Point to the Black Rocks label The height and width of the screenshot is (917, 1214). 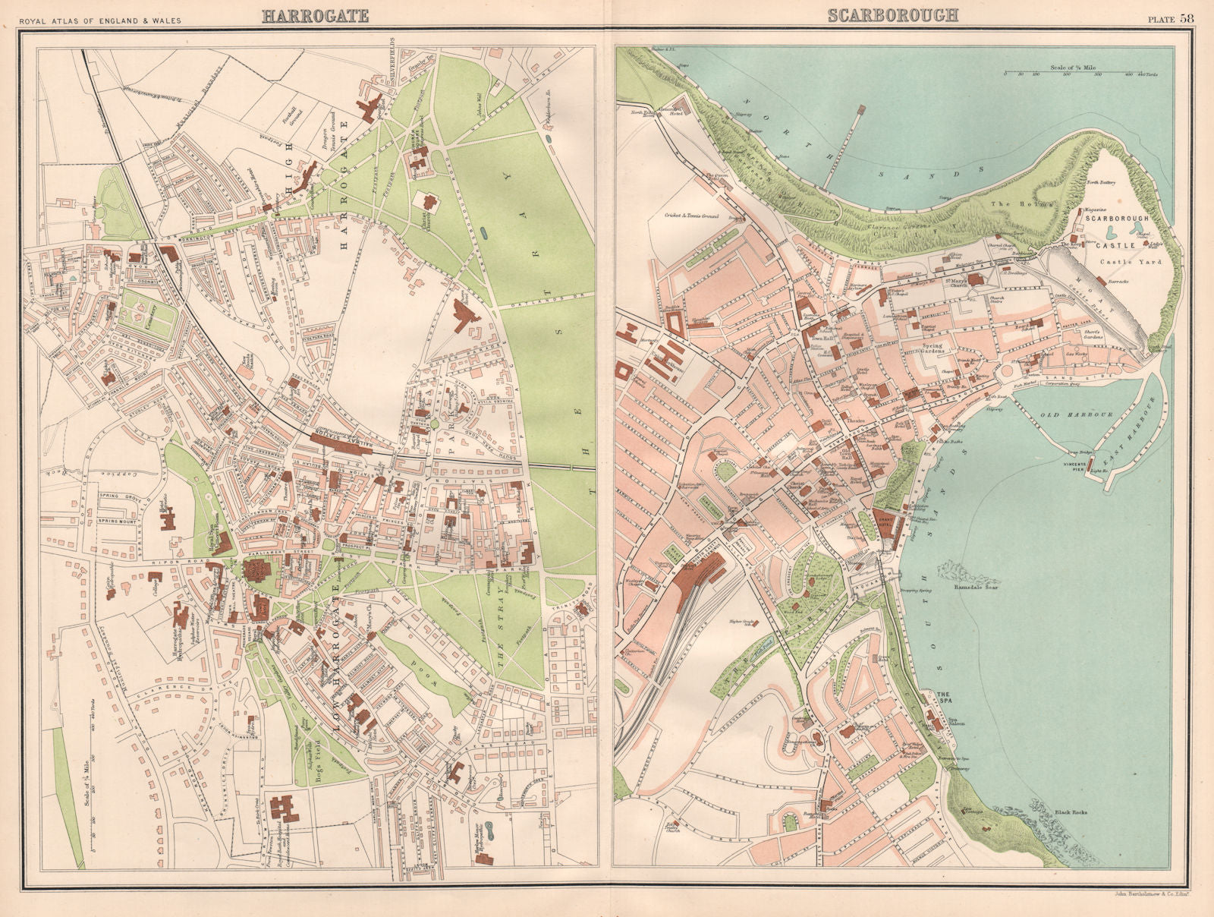coord(1071,812)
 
